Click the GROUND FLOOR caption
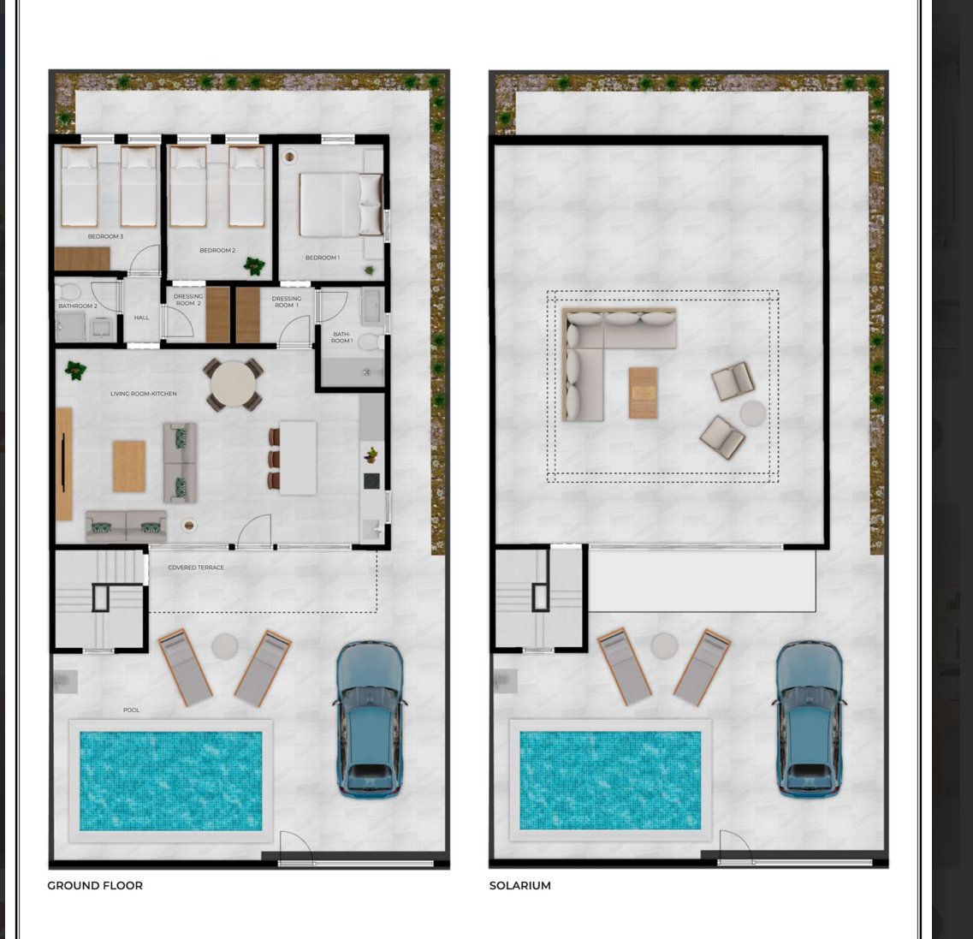click(x=95, y=886)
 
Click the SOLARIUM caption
click(x=520, y=886)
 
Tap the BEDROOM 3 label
click(x=105, y=236)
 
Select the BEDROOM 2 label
click(x=217, y=250)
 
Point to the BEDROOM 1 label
click(x=322, y=258)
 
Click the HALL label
click(x=141, y=318)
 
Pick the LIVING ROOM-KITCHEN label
click(x=144, y=394)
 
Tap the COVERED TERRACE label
click(x=196, y=568)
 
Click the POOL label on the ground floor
click(x=131, y=710)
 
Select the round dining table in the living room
click(x=234, y=384)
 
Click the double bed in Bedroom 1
click(x=341, y=205)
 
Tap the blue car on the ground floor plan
click(x=369, y=719)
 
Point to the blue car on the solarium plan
click(x=810, y=719)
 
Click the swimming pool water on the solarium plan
click(x=610, y=780)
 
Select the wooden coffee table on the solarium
click(x=643, y=393)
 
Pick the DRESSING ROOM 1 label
click(x=287, y=301)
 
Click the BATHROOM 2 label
click(x=78, y=306)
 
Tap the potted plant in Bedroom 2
click(x=254, y=266)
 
